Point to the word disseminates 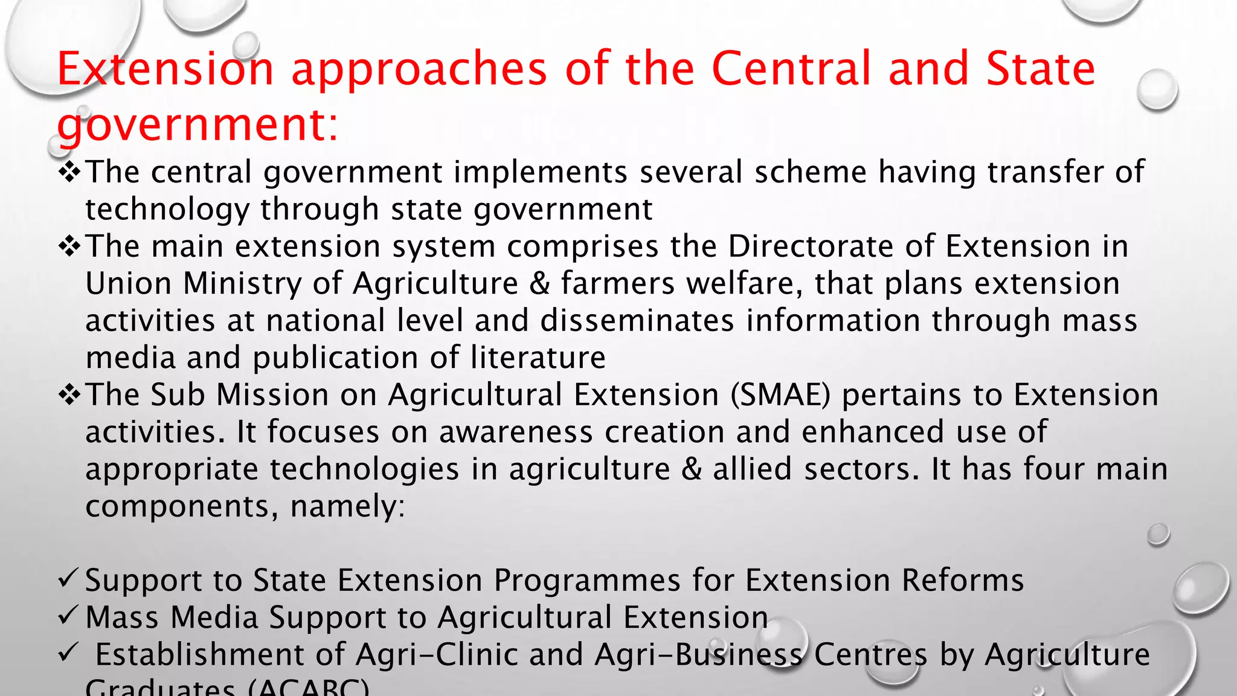point(637,321)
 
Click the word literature point(538,358)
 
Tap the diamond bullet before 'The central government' point(70,172)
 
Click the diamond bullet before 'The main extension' point(70,246)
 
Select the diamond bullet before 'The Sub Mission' point(70,395)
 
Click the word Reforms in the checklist point(963,581)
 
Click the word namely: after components point(347,506)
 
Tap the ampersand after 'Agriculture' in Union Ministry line point(539,284)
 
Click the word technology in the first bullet point(167,210)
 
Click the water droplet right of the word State point(1157,89)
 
